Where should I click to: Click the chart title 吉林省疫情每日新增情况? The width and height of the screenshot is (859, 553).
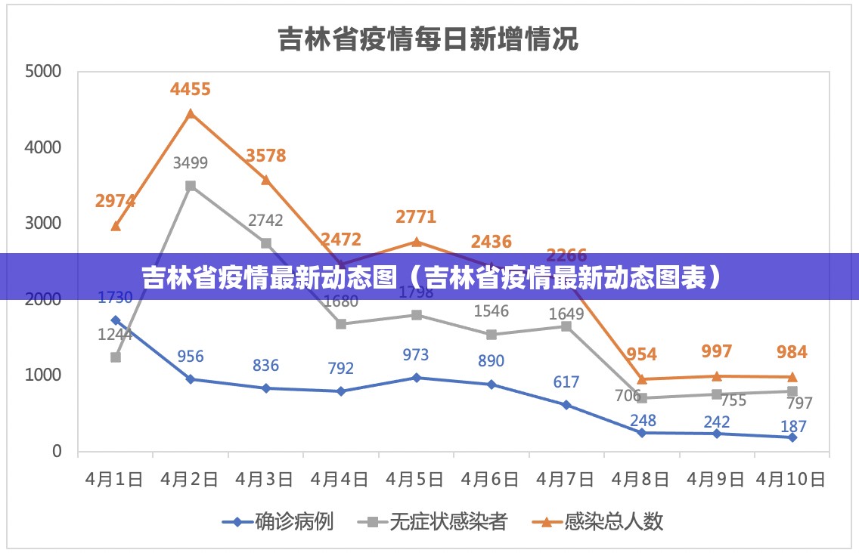(x=428, y=39)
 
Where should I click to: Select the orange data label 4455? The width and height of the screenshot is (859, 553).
(x=191, y=89)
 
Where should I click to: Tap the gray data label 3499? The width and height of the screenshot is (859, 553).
(x=191, y=162)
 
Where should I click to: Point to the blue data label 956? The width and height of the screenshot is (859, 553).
(x=191, y=356)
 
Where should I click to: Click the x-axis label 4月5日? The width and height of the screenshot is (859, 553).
(x=415, y=479)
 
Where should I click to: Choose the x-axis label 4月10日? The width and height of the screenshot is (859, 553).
(x=791, y=479)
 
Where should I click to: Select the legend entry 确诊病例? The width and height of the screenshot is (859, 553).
(x=293, y=521)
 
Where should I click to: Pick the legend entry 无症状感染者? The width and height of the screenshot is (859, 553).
(x=447, y=521)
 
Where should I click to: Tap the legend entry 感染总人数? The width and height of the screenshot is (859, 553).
(x=613, y=521)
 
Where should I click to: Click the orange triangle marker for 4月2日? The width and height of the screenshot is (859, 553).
(x=191, y=113)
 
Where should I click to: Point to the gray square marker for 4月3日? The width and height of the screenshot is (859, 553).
(x=266, y=243)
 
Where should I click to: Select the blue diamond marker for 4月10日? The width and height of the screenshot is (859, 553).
(x=792, y=437)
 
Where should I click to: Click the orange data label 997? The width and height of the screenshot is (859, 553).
(x=717, y=351)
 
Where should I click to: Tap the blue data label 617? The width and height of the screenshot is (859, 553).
(x=566, y=382)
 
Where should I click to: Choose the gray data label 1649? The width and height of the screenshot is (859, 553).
(x=566, y=314)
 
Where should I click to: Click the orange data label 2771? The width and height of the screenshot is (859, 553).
(x=416, y=217)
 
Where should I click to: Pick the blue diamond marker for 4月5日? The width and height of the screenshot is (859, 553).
(x=417, y=377)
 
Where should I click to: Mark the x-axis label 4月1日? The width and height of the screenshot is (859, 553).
(x=114, y=479)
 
